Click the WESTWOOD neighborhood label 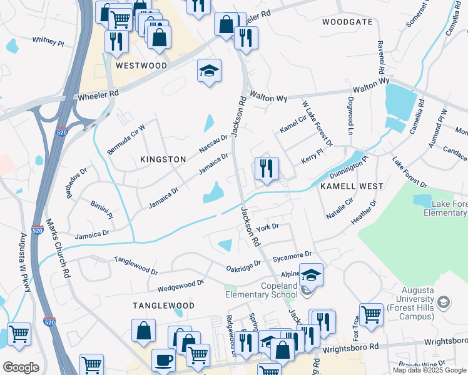(x=141, y=66)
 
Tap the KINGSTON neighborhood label (x=158, y=159)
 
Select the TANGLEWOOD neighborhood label (x=163, y=306)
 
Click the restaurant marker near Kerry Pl (x=266, y=169)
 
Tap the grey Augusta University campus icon (x=444, y=303)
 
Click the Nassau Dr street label (x=213, y=143)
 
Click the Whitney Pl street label (x=48, y=41)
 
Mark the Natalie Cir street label (x=340, y=209)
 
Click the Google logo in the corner (x=21, y=367)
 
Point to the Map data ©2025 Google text (x=429, y=370)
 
